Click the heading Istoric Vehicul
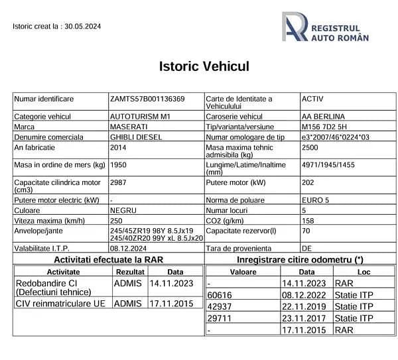tap(204, 66)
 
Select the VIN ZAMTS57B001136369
tap(147, 99)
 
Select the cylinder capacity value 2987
tap(119, 182)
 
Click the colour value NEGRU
tap(123, 210)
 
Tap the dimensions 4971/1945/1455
tap(328, 164)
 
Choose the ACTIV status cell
tap(312, 99)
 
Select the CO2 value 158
tap(308, 220)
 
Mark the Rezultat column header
tap(129, 272)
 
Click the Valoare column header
tap(243, 272)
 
